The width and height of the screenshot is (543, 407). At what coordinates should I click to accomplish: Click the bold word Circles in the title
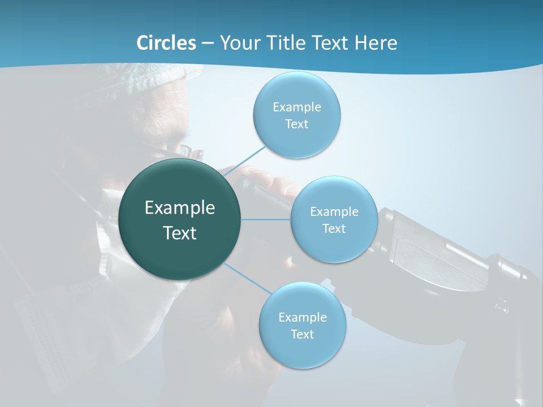pyautogui.click(x=166, y=43)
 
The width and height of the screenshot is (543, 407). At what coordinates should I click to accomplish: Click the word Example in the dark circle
pyautogui.click(x=180, y=208)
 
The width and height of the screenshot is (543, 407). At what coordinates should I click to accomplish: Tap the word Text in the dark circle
pyautogui.click(x=180, y=233)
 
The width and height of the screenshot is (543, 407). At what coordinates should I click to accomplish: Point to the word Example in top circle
pyautogui.click(x=296, y=107)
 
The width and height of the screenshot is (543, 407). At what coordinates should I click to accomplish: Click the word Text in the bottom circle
pyautogui.click(x=302, y=334)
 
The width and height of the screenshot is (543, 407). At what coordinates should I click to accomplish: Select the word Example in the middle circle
pyautogui.click(x=334, y=211)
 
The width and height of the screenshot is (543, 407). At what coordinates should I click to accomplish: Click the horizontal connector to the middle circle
pyautogui.click(x=266, y=219)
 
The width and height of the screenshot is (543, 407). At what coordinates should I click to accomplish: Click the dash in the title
pyautogui.click(x=208, y=43)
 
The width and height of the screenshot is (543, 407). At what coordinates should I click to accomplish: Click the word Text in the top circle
pyautogui.click(x=296, y=124)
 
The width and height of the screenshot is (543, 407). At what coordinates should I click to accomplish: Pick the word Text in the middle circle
pyautogui.click(x=334, y=228)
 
